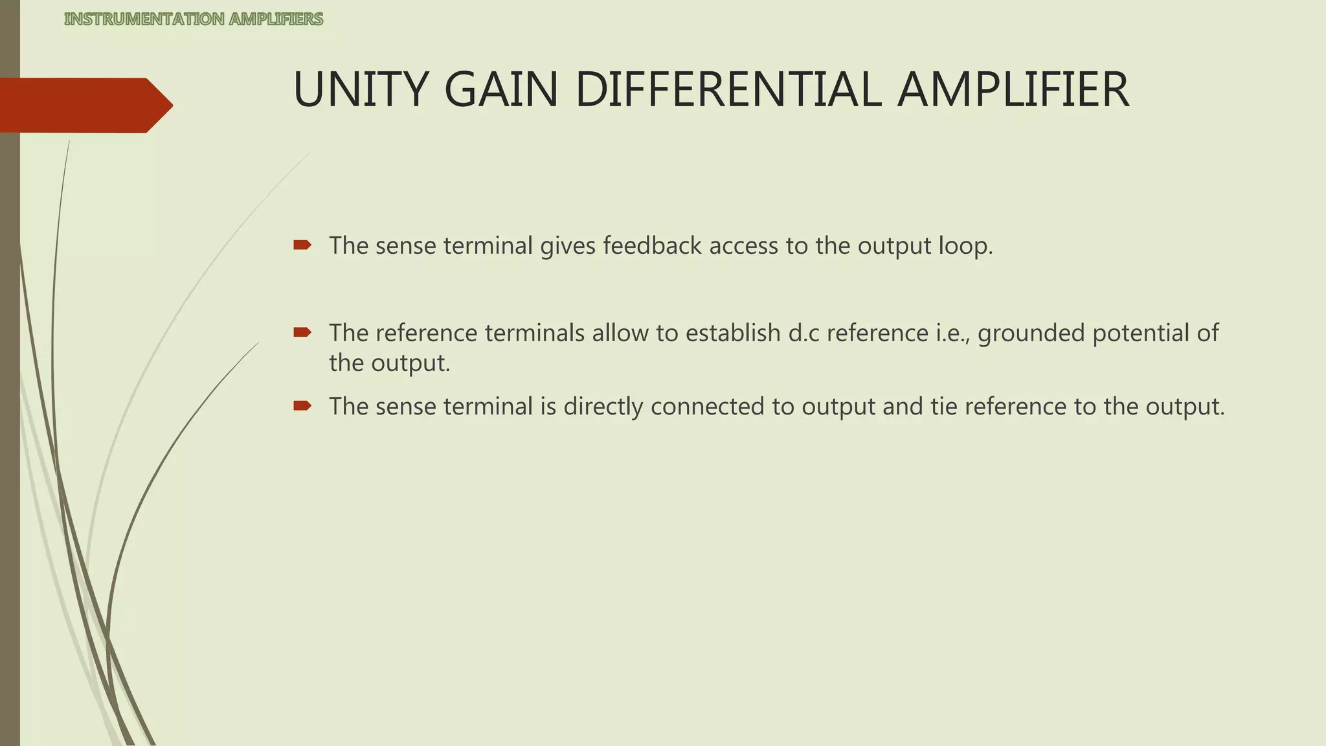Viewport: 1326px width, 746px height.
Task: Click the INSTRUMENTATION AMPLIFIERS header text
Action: pyautogui.click(x=194, y=19)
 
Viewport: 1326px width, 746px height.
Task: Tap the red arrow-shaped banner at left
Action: pyautogui.click(x=84, y=105)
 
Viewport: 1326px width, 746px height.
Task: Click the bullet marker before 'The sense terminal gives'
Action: pyautogui.click(x=302, y=245)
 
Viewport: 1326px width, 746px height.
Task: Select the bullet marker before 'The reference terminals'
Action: pyautogui.click(x=302, y=333)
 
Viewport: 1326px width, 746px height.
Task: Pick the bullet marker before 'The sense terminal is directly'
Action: pyautogui.click(x=302, y=406)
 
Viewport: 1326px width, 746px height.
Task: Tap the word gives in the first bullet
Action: pyautogui.click(x=567, y=245)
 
